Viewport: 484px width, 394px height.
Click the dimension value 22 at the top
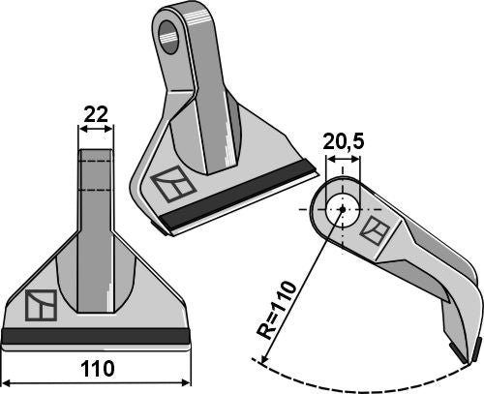coord(95,114)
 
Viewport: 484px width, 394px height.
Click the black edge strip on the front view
coord(95,335)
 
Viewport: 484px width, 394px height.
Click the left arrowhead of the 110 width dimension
coord(6,380)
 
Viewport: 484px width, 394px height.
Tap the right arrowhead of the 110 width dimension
coord(186,380)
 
